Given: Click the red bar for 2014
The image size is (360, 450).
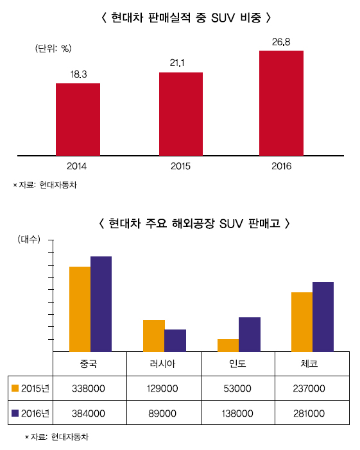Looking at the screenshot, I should [78, 119].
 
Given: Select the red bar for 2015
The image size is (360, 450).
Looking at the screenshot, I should [181, 113].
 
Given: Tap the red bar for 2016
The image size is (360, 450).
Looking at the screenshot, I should [281, 103].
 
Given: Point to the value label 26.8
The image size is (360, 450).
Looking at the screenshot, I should [281, 43].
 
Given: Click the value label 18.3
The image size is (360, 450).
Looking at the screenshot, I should [78, 75].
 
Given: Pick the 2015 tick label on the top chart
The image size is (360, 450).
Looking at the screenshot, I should [181, 166].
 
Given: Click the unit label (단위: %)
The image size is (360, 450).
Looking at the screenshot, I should [53, 49].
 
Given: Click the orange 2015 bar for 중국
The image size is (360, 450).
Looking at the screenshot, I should [80, 309].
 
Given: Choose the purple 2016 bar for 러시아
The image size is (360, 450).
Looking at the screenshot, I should [175, 340].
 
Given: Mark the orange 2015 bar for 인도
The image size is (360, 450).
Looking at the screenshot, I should [228, 345].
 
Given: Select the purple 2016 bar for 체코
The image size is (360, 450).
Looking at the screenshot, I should [323, 317].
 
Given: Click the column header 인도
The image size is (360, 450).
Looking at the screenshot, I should [238, 363].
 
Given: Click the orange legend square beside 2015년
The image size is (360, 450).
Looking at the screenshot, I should [16, 388].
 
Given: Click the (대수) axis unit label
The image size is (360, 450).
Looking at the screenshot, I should [30, 239].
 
